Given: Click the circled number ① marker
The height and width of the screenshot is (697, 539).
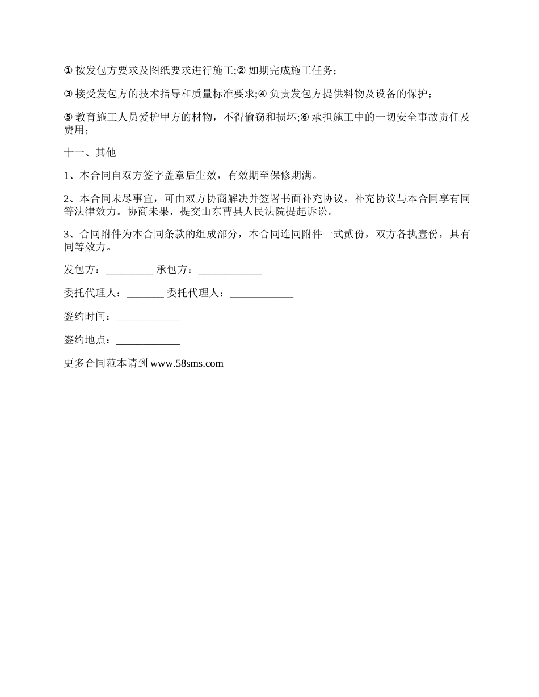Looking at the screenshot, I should (x=68, y=71).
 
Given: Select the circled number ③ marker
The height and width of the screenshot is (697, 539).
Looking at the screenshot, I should (x=68, y=94).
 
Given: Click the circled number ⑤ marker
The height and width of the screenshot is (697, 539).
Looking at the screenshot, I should (x=68, y=117).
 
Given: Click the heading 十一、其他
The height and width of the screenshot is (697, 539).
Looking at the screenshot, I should (x=90, y=152).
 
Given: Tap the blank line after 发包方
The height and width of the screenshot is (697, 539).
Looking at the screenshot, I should (x=129, y=270).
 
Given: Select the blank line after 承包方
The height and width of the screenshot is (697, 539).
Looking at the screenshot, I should (x=229, y=270).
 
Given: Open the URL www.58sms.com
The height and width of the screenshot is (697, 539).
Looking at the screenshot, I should (x=187, y=364).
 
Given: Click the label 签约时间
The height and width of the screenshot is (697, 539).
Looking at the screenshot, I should (x=85, y=317).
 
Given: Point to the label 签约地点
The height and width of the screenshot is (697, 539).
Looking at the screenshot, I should (x=85, y=340).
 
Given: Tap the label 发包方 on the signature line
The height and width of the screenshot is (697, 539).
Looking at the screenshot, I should (x=80, y=270).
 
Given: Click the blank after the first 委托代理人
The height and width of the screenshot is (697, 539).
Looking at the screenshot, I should (x=145, y=294).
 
